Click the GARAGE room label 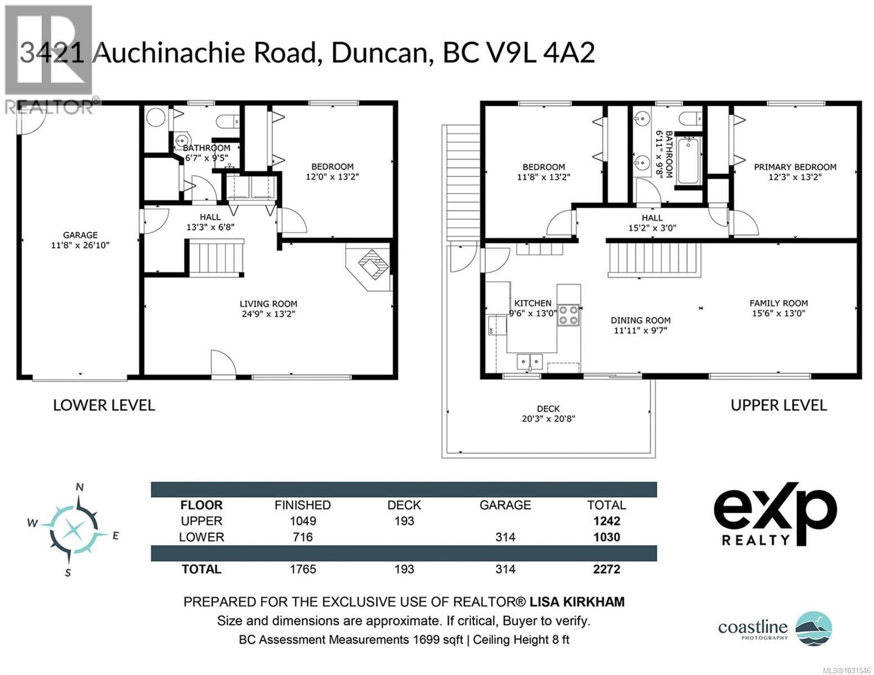(x=80, y=235)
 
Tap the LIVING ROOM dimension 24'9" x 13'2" (x=268, y=314)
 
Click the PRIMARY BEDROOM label (x=795, y=167)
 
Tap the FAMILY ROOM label (x=778, y=303)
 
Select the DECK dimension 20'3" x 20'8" (x=548, y=418)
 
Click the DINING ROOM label (x=640, y=320)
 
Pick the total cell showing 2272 (x=606, y=569)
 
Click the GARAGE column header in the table (x=505, y=505)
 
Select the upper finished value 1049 (x=303, y=521)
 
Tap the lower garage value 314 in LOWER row (x=505, y=537)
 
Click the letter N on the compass (x=80, y=488)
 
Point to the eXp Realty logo (x=775, y=514)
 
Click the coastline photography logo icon (x=813, y=627)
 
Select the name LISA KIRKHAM (x=576, y=602)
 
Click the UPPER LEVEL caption (x=778, y=405)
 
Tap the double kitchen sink (x=530, y=360)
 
